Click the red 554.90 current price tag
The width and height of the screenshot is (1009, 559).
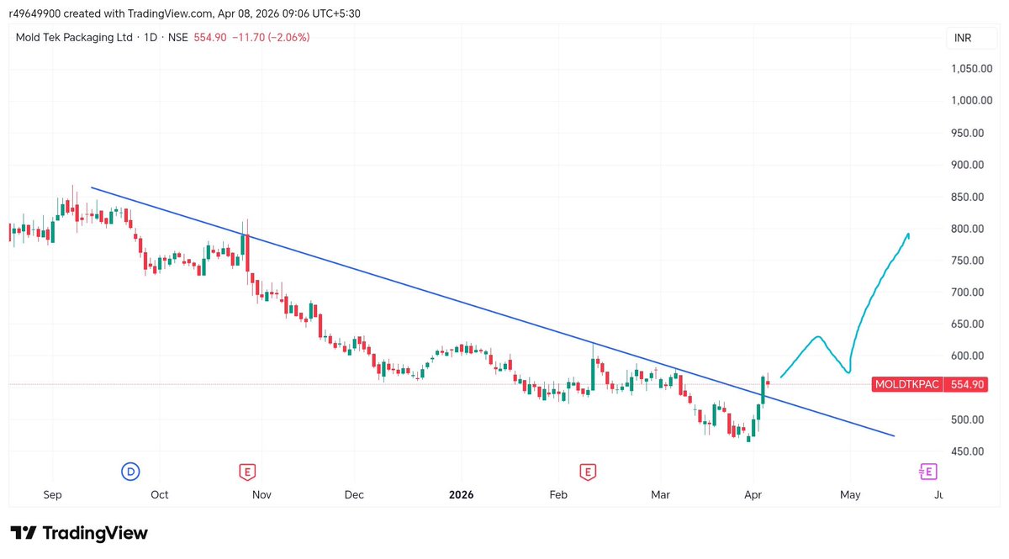click(967, 384)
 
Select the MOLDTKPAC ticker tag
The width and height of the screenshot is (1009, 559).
click(907, 384)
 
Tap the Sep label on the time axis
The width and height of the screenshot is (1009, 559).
click(52, 495)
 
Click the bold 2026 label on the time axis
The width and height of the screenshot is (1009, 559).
click(461, 495)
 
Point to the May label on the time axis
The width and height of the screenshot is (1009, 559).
click(850, 495)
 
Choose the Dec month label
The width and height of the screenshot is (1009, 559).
click(354, 495)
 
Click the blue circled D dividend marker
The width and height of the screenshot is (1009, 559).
click(130, 472)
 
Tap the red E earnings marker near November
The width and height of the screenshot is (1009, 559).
click(247, 472)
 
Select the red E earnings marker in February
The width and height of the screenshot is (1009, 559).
click(587, 472)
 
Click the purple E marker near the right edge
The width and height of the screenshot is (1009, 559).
click(928, 472)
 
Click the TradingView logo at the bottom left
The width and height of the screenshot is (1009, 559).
click(79, 533)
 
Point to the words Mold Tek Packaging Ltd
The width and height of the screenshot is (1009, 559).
click(75, 37)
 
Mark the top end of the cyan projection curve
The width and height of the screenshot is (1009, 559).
click(909, 234)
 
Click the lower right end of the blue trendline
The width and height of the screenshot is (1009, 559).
click(893, 435)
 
